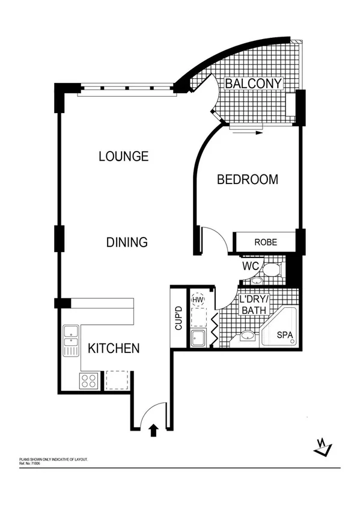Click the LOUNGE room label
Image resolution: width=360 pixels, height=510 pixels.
123,156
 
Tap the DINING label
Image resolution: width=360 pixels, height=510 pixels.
127,242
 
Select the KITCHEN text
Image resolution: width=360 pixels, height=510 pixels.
114,348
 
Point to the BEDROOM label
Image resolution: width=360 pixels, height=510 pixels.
248,179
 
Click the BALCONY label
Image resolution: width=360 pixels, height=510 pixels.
253,84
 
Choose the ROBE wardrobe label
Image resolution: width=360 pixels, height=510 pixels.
266,242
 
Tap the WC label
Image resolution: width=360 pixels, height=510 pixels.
251,265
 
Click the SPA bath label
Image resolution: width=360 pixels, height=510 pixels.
285,335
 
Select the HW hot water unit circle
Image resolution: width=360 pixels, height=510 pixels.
198,299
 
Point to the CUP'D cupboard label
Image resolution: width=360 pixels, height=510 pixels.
178,319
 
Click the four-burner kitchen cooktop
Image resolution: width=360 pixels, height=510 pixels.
90,380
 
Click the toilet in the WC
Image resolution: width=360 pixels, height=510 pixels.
272,269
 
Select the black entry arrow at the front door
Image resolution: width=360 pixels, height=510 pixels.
153,429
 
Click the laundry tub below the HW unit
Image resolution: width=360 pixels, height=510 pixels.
198,338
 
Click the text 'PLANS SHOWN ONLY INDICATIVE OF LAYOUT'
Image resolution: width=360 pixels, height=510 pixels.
53,459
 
